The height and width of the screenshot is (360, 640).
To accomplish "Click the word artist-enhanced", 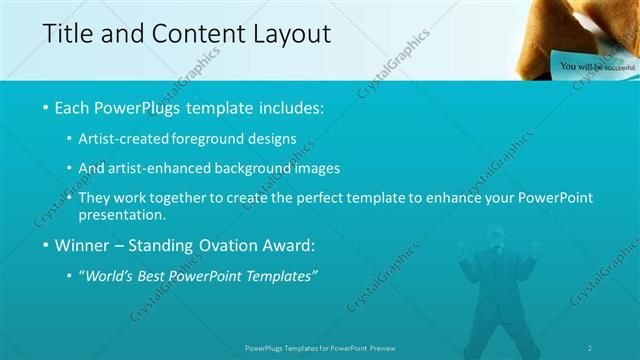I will coord(170,168).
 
